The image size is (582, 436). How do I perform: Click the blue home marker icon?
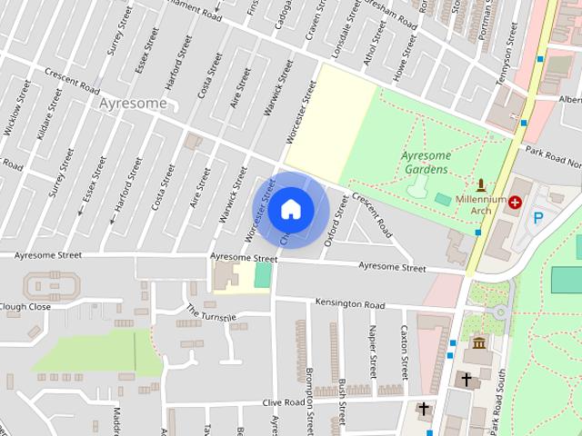coord(290,210)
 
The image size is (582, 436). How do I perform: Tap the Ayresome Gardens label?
coord(425,163)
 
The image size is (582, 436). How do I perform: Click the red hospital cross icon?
coord(516,203)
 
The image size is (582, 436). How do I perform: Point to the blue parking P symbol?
coord(538,218)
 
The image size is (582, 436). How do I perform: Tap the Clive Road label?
coord(283,401)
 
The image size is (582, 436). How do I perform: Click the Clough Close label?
coord(25,306)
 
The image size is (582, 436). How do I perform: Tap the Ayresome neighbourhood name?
coord(134,104)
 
